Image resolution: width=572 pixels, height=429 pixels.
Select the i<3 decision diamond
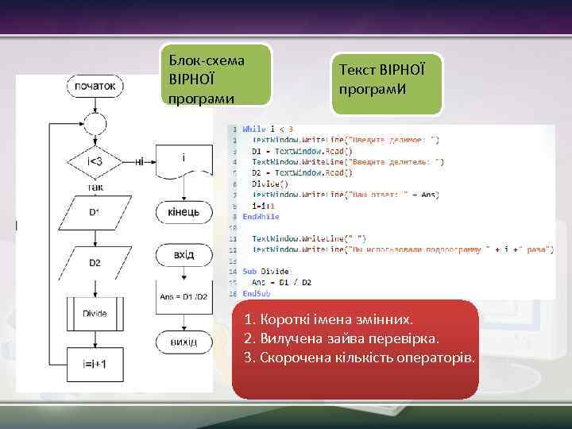95,160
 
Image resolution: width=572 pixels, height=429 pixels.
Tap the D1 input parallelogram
95,211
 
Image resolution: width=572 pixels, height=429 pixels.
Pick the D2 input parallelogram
95,262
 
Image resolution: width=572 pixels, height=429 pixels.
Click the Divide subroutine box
95,313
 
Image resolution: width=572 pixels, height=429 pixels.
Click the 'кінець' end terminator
184,213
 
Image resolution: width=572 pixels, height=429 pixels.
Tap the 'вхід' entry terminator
184,255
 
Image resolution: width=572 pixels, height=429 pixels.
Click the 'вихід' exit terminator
184,342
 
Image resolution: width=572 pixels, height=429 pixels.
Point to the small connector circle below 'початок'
95,122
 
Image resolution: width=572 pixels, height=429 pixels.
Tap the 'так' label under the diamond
95,187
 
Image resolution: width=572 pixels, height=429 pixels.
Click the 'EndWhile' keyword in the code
261,216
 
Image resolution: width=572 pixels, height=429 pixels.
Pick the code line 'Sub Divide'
265,272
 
